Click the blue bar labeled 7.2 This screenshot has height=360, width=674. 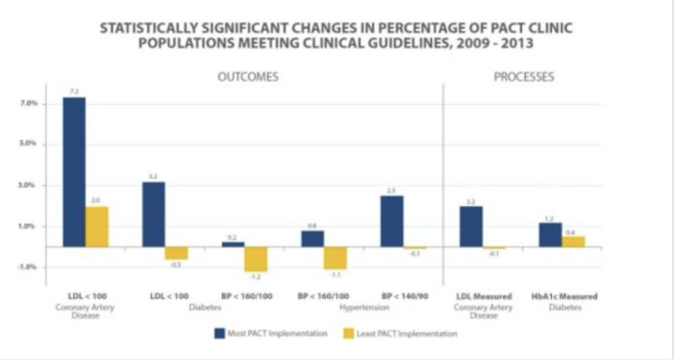(74, 172)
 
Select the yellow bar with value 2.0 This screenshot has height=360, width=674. (97, 226)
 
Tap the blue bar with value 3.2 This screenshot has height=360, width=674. (154, 214)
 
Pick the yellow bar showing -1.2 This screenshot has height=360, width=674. (256, 259)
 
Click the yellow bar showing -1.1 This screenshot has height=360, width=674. (335, 257)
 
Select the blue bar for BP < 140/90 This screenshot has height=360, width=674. (392, 221)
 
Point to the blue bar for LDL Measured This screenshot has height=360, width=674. (471, 226)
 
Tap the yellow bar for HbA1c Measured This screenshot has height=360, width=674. (573, 241)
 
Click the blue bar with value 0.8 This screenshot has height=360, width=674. (313, 239)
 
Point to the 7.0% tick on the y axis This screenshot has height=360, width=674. (29, 103)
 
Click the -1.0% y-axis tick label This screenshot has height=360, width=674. (28, 267)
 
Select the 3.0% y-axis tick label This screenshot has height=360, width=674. (29, 185)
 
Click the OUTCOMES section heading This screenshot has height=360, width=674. (248, 77)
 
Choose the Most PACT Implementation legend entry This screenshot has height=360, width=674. (269, 334)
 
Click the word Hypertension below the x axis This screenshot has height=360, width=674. (365, 307)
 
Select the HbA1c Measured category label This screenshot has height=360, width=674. (561, 296)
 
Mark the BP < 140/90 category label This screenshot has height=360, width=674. (405, 296)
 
